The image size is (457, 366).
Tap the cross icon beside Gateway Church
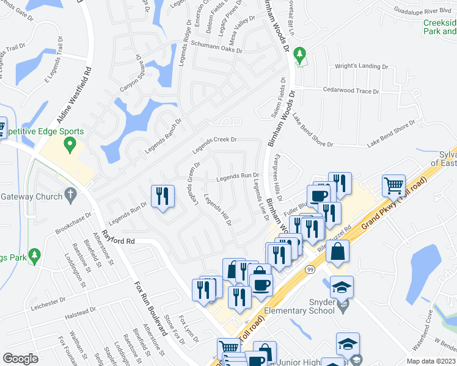pyautogui.click(x=71, y=196)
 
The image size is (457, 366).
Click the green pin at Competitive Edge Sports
pyautogui.click(x=70, y=145)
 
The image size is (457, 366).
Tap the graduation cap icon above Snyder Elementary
pyautogui.click(x=342, y=287)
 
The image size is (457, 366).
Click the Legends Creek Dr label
pyautogui.click(x=214, y=145)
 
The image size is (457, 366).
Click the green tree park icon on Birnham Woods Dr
pyautogui.click(x=299, y=56)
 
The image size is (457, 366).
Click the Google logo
pyautogui.click(x=21, y=359)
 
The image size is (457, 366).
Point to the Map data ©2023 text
pyautogui.click(x=431, y=361)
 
